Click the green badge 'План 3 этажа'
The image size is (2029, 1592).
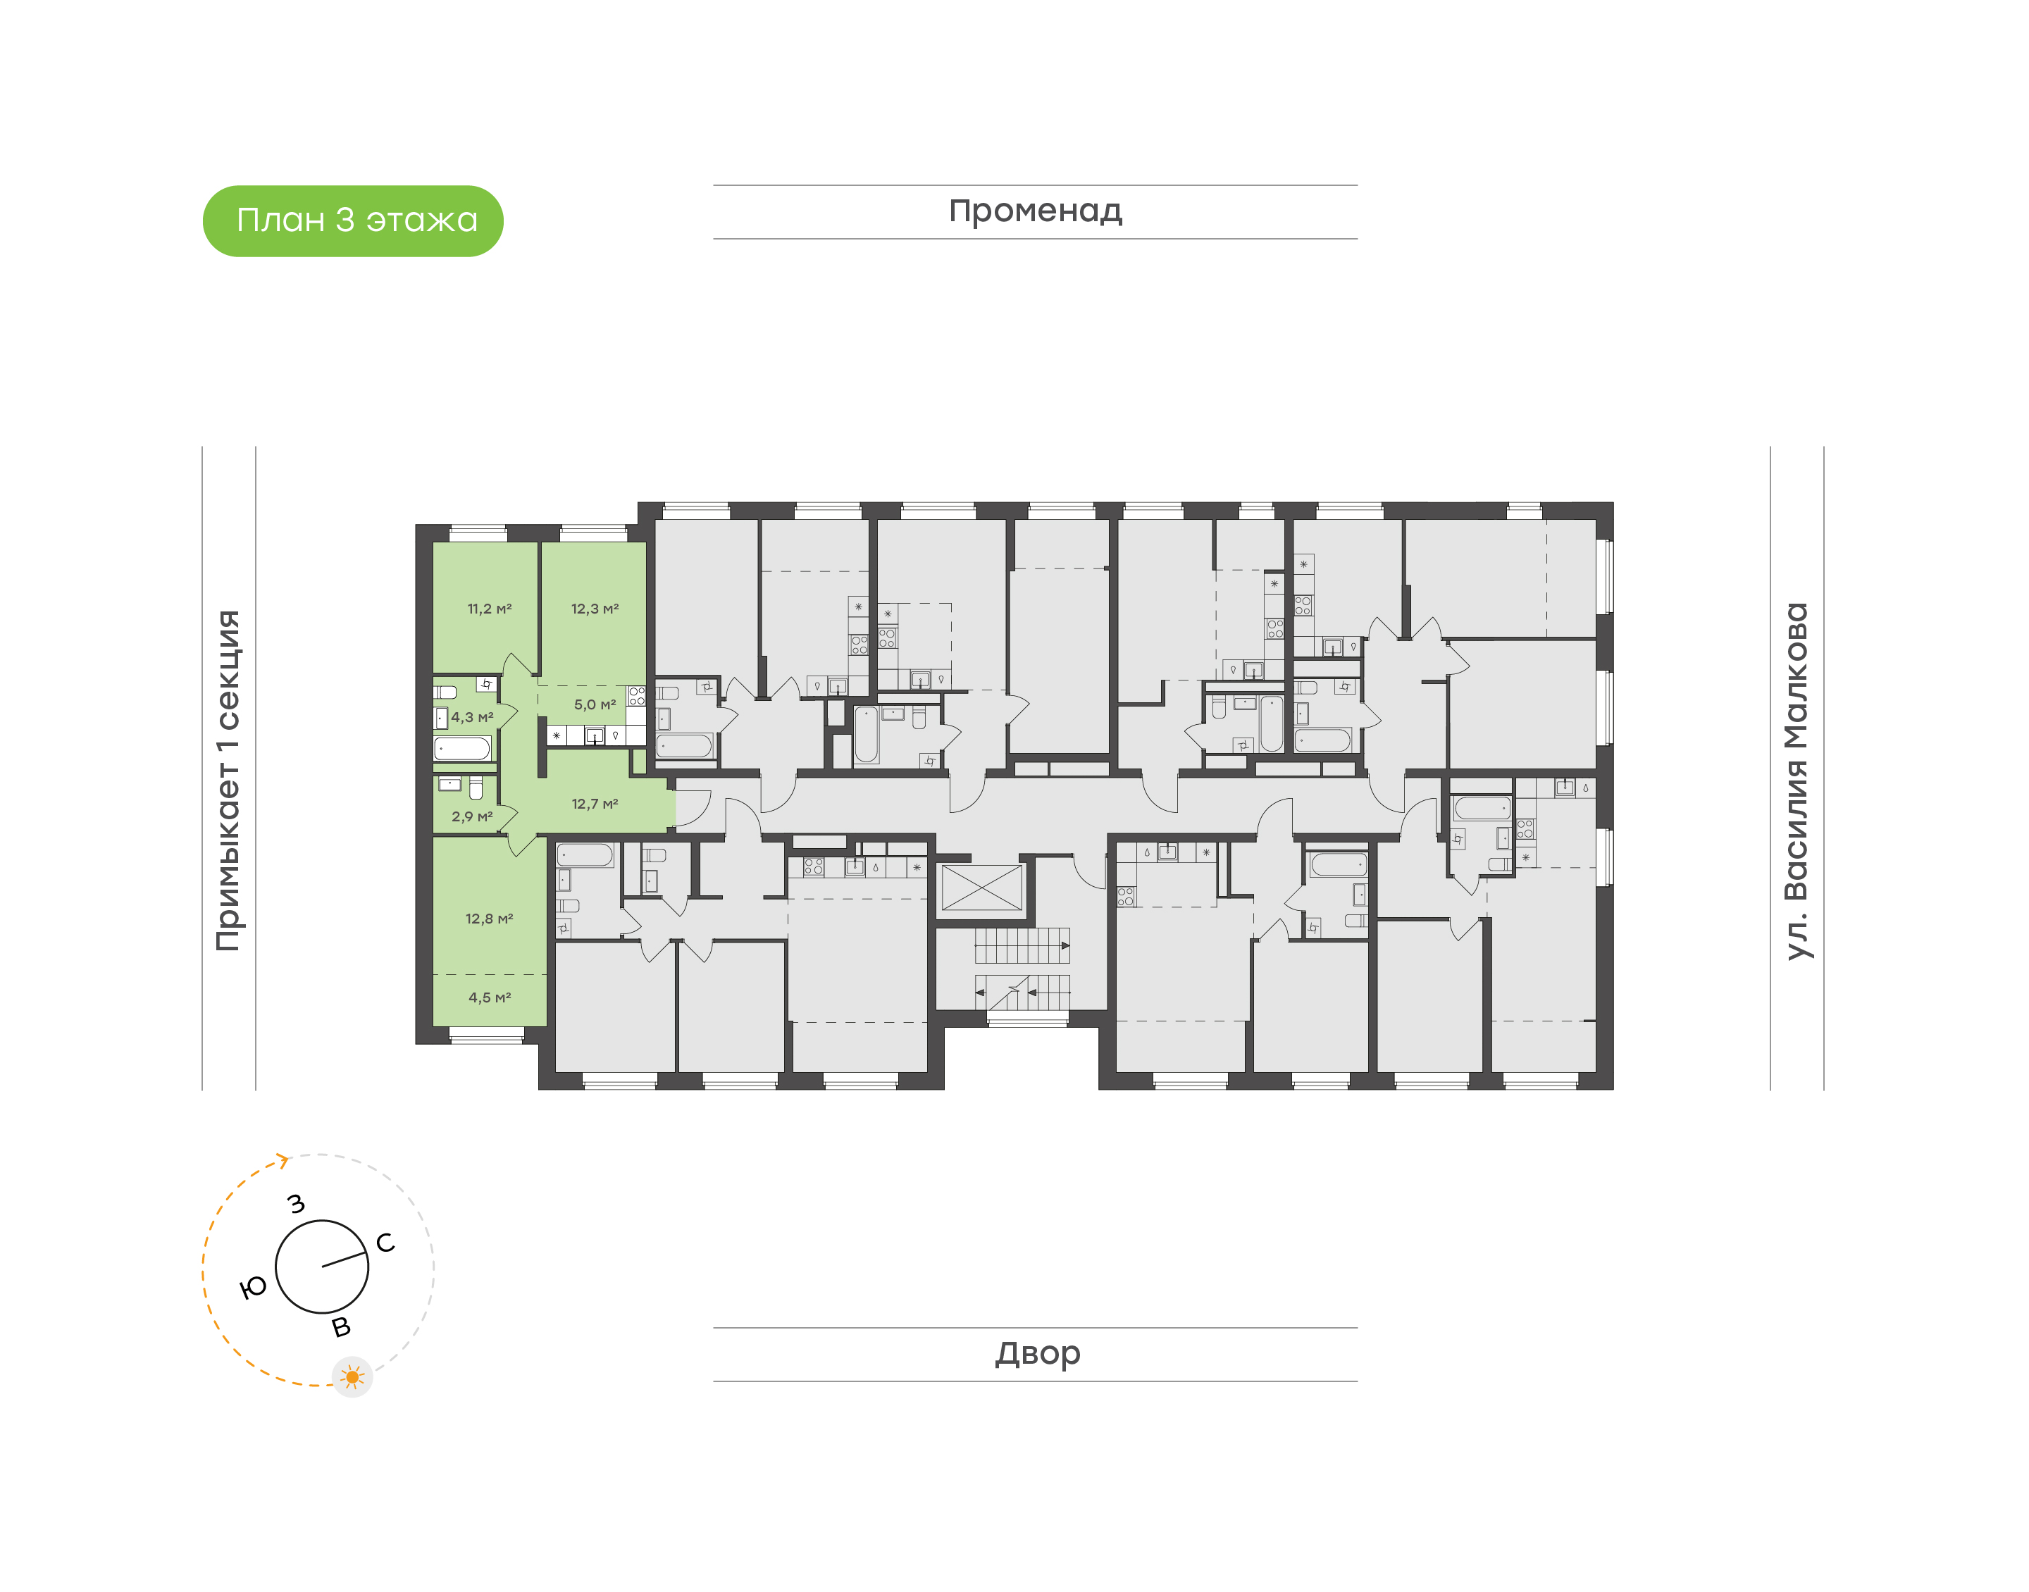point(352,221)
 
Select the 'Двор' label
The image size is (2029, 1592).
point(1036,1353)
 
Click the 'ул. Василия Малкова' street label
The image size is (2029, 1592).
point(1796,781)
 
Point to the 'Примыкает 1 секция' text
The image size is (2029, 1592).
point(228,781)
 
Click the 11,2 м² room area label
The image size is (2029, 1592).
point(490,609)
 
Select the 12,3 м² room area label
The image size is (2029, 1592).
point(595,609)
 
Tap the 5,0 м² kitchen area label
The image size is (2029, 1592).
point(595,704)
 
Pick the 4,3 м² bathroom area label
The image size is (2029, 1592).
point(473,718)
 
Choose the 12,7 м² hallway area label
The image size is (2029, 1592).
point(595,804)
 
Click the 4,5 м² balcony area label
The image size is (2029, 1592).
point(490,997)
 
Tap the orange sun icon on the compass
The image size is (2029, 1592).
point(352,1376)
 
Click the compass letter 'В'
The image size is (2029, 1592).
point(342,1326)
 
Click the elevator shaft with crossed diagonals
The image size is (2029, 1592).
point(982,888)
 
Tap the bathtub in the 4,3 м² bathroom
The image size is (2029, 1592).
point(462,750)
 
